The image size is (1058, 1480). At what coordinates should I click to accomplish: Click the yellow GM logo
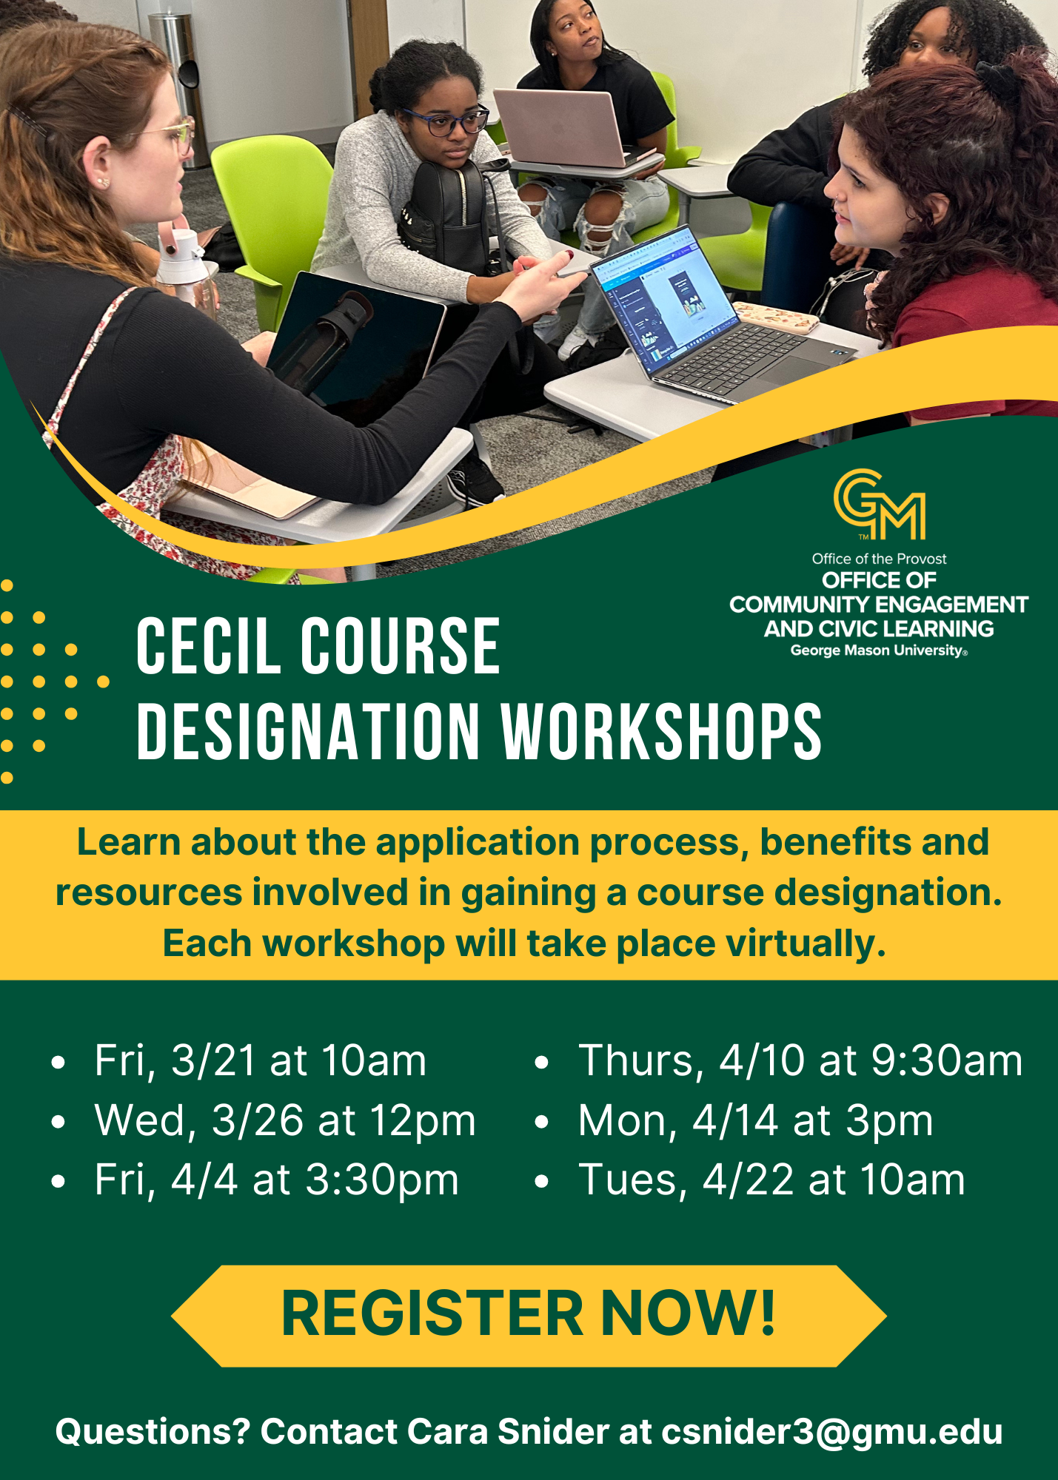pyautogui.click(x=880, y=505)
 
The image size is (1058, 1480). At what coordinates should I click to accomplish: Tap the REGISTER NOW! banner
pyautogui.click(x=529, y=1315)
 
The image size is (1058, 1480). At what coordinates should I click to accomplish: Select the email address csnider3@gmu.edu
pyautogui.click(x=832, y=1431)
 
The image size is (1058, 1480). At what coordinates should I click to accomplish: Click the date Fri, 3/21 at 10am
pyautogui.click(x=261, y=1060)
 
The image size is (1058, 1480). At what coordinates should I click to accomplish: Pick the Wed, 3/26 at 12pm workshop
pyautogui.click(x=285, y=1120)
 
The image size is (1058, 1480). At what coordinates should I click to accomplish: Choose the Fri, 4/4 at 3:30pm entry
pyautogui.click(x=277, y=1180)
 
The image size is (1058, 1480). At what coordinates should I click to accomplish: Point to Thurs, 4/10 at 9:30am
pyautogui.click(x=800, y=1060)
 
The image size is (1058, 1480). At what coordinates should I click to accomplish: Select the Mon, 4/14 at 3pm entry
pyautogui.click(x=756, y=1120)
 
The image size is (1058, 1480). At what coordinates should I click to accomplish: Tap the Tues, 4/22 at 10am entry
pyautogui.click(x=772, y=1180)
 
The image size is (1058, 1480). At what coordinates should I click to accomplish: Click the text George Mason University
pyautogui.click(x=878, y=650)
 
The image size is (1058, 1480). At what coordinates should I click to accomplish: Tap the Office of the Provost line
pyautogui.click(x=879, y=559)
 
